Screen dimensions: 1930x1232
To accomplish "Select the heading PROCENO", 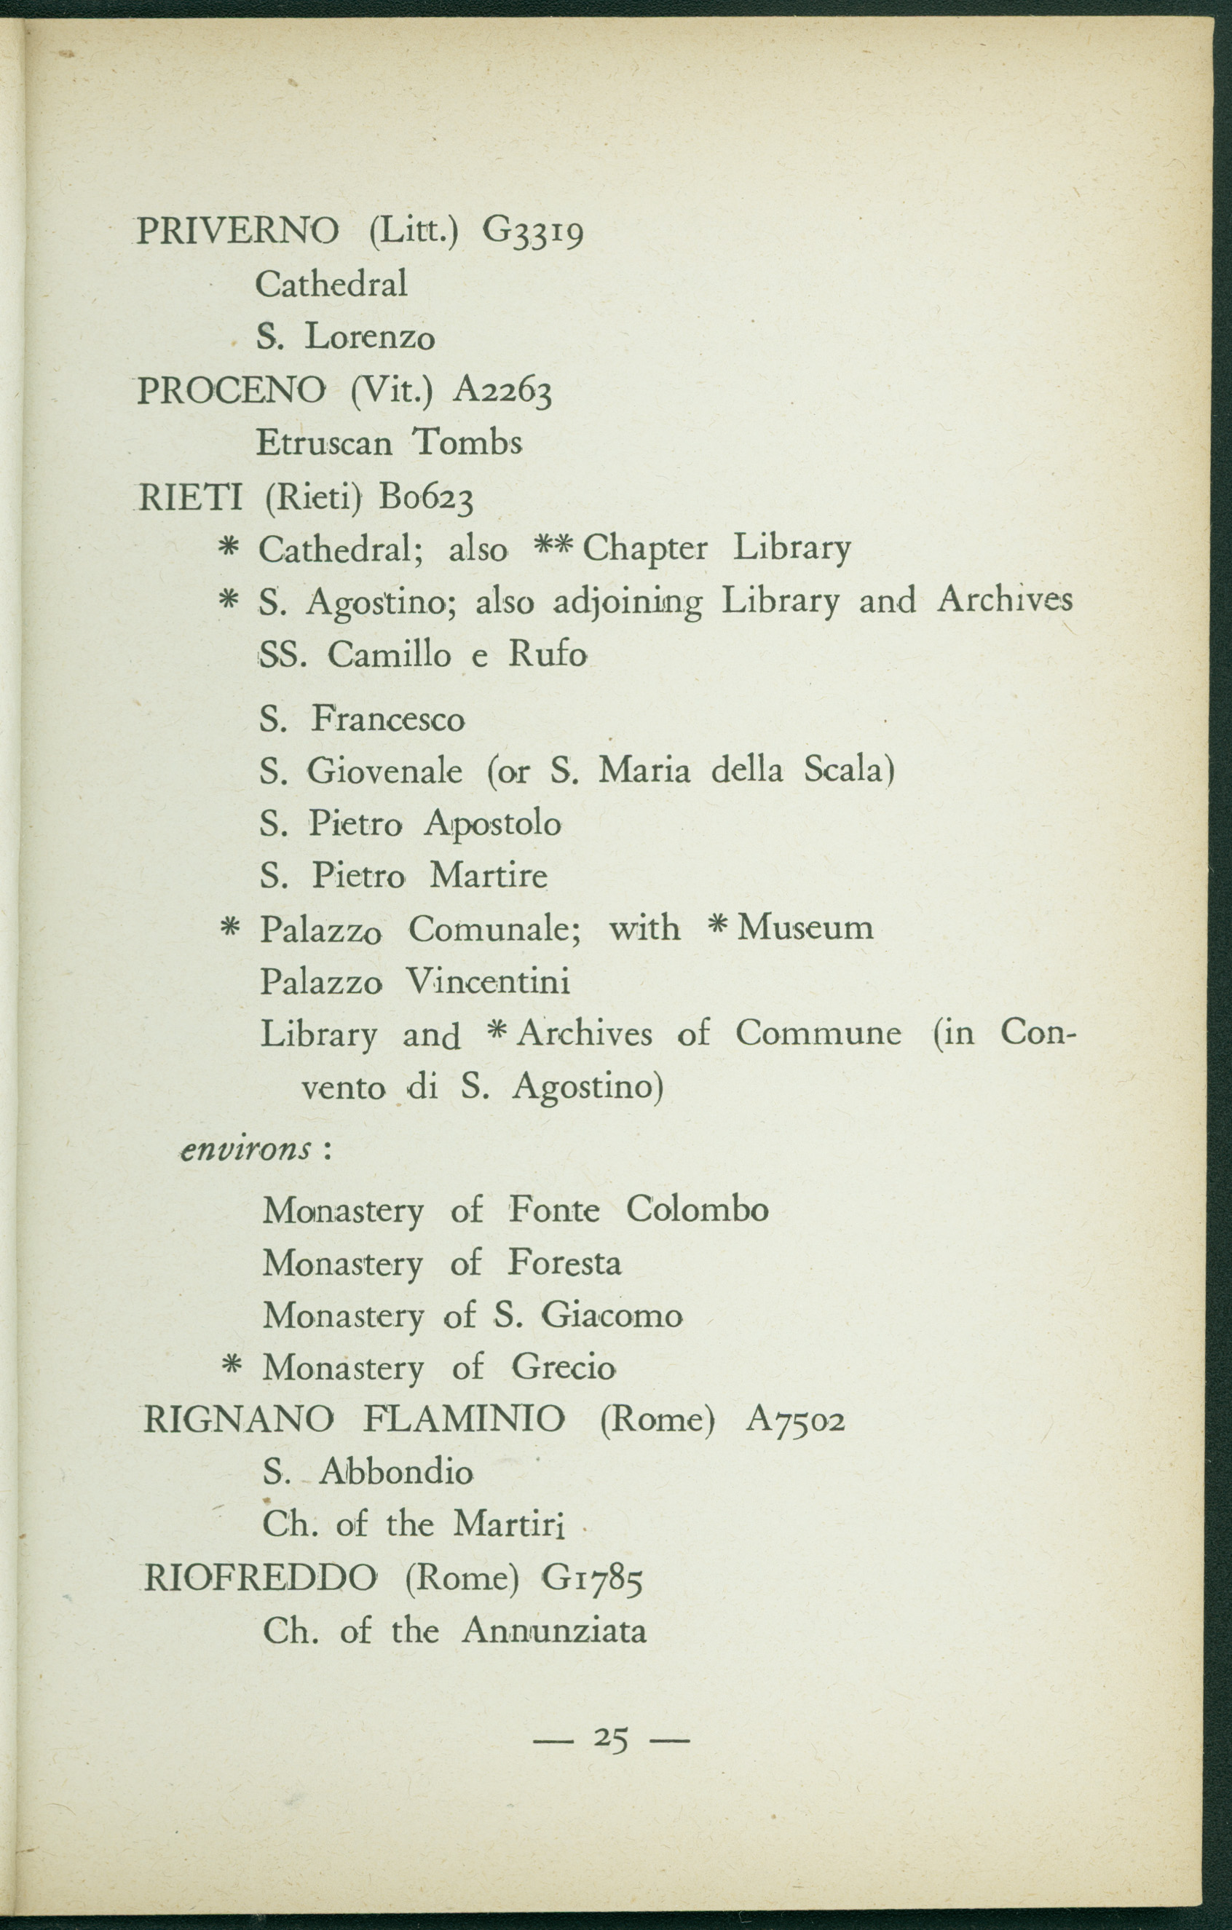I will tap(232, 390).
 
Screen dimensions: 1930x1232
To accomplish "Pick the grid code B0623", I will tap(427, 499).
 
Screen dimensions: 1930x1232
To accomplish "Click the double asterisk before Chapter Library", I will tap(555, 547).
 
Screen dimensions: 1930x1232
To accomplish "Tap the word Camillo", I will tap(389, 656).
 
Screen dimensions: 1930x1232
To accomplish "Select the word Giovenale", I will tap(384, 771).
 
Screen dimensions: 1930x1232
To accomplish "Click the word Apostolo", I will tap(493, 823).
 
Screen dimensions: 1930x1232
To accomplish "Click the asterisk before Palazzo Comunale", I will tap(230, 928).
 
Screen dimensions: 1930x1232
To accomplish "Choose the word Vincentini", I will tap(488, 981).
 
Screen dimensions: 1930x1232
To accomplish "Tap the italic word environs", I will tap(246, 1151).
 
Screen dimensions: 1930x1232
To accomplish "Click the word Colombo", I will tap(697, 1209).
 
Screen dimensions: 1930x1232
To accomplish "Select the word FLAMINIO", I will tap(464, 1420).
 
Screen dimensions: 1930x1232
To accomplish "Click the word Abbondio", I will tap(396, 1472).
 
